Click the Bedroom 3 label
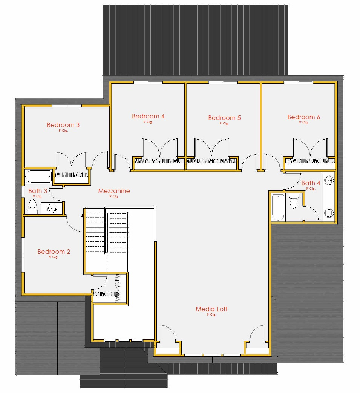point(63,125)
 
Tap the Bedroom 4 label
point(148,116)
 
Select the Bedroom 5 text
point(224,118)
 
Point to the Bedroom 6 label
point(303,117)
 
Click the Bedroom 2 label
point(54,252)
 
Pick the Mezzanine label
point(114,191)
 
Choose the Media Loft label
point(211,309)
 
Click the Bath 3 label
point(38,191)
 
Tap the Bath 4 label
point(311,183)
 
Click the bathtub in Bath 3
point(38,177)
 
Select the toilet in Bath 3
point(32,206)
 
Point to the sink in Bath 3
point(52,207)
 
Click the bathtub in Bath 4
point(278,207)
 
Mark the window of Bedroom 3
point(66,106)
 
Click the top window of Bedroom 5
point(223,83)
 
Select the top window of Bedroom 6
point(298,83)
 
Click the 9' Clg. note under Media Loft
point(211,315)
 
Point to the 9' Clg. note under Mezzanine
point(114,196)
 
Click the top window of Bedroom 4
point(147,83)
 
